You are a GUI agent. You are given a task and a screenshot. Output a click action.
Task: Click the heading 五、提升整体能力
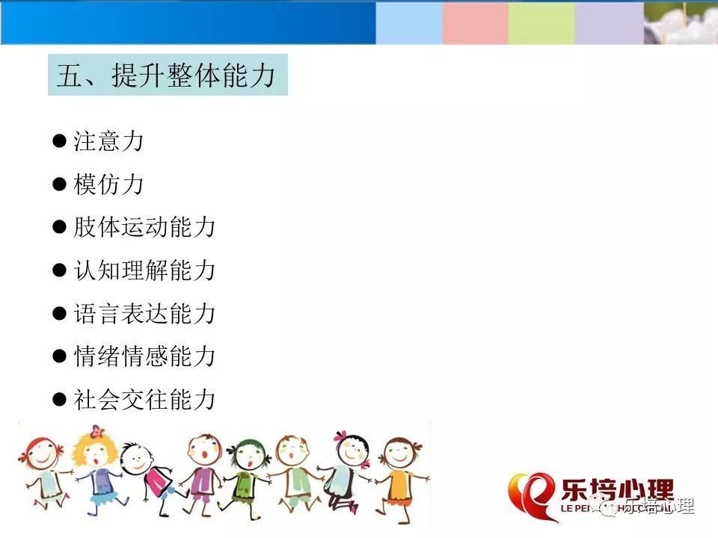pos(166,75)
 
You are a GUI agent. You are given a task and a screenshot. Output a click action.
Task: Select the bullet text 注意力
pos(108,141)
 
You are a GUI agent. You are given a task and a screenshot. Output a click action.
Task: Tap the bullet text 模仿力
pos(108,185)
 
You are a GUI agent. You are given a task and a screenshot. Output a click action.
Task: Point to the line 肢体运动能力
pos(144,227)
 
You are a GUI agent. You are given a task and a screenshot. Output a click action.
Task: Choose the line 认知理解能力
pos(144,270)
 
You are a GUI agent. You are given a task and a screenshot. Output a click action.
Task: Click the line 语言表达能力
pos(144,313)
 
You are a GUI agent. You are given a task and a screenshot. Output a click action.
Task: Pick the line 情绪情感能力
pos(144,356)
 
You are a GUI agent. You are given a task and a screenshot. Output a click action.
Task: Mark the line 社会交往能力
pos(144,399)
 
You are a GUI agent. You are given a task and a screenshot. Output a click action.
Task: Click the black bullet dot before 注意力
pos(60,140)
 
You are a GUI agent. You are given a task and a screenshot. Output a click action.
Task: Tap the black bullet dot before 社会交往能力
pos(60,399)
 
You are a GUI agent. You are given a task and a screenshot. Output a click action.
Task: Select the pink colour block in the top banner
pos(476,23)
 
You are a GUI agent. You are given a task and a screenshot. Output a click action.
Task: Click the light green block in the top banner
pos(541,23)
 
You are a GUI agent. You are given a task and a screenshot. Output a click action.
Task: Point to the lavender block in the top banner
pos(610,23)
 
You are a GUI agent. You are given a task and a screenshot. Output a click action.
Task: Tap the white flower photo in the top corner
pos(681,23)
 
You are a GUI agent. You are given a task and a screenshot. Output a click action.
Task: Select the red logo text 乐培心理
pos(617,491)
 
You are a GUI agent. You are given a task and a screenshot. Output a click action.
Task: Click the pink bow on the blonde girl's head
pos(96,431)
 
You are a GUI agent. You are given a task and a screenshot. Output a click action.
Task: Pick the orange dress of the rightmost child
pos(399,489)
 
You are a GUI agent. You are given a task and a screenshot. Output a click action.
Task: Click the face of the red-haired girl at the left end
pos(40,454)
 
